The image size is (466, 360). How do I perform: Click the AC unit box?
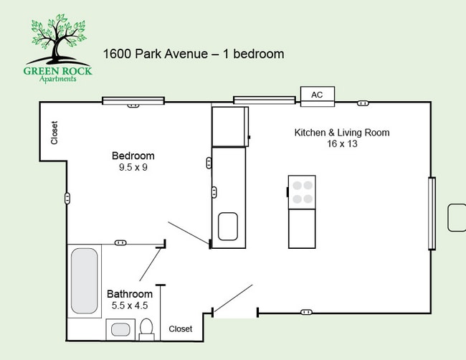coord(317,95)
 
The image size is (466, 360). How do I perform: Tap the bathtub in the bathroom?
coord(84,280)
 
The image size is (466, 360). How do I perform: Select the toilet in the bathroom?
coord(147,330)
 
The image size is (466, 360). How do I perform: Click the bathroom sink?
coord(120,330)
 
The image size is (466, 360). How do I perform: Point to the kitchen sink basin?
coord(229,226)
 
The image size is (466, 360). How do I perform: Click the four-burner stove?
coord(302,191)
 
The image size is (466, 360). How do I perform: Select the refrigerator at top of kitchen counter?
coord(229,126)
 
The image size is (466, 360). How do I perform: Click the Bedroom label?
coord(133,156)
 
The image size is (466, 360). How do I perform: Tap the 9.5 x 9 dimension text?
coord(133,168)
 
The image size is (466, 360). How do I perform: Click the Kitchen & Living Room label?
coord(341,133)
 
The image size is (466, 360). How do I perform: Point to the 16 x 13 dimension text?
coord(341,144)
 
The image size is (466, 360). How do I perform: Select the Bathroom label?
coord(130,294)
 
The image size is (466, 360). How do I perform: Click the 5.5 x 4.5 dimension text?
coord(130,306)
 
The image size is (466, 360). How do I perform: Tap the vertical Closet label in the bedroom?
coord(54,133)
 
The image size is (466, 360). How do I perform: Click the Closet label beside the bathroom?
coord(181,329)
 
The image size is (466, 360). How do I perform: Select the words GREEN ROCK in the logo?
coord(60,70)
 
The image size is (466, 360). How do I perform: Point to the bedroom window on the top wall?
coord(133,100)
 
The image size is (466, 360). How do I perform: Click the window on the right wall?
coord(431,214)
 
